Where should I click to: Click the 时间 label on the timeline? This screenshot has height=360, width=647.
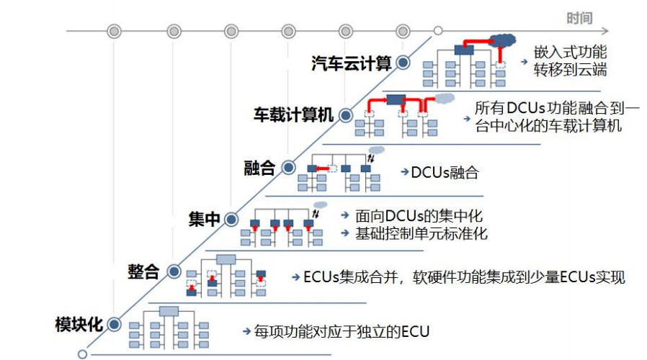click(x=579, y=18)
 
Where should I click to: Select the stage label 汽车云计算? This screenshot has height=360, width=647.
click(x=351, y=63)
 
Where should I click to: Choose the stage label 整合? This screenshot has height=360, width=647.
click(x=143, y=271)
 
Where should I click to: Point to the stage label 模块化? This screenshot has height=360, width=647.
click(x=79, y=324)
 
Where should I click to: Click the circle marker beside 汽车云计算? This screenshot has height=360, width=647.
click(x=403, y=63)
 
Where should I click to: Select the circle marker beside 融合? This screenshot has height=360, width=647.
click(x=288, y=168)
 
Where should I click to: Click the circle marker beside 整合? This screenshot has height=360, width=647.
click(x=173, y=271)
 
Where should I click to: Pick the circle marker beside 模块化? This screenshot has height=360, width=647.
click(x=115, y=324)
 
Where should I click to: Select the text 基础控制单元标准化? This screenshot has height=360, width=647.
click(x=421, y=233)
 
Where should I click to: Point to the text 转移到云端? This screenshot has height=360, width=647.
click(x=570, y=70)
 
